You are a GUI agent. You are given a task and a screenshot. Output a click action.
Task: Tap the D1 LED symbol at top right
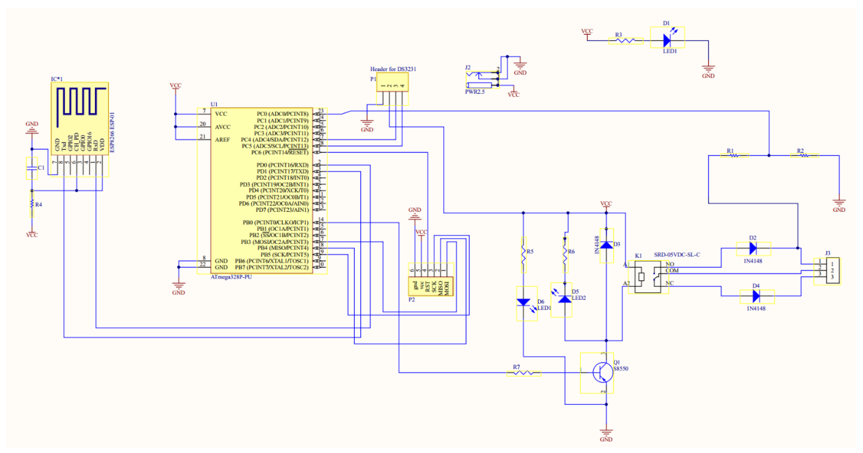[667, 41]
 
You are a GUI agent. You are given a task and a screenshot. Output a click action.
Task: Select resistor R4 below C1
[32, 204]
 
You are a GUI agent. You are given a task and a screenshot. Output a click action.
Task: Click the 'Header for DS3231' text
[393, 69]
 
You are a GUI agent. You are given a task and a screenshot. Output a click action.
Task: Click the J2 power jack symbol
[482, 80]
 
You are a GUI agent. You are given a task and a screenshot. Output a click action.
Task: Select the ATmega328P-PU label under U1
[231, 277]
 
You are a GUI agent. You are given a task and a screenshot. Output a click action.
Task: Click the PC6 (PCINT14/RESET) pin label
[279, 153]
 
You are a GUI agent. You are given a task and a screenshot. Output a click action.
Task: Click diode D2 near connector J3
[753, 248]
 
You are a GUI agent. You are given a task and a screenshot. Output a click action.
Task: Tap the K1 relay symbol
[648, 277]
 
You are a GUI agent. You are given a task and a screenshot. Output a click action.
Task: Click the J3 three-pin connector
[832, 270]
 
